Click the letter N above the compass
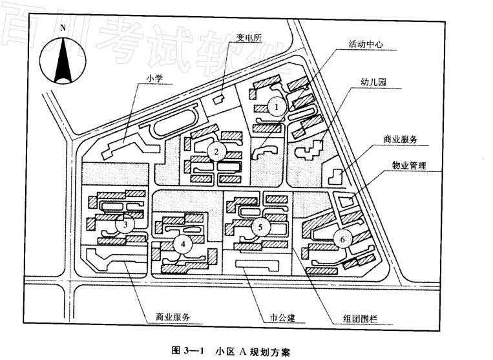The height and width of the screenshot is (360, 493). [x=63, y=28]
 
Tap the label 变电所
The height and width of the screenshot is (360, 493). [x=249, y=36]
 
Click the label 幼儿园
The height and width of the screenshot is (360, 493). [x=373, y=83]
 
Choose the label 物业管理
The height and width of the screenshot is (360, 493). [x=409, y=165]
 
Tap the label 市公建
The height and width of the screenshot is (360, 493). [x=282, y=319]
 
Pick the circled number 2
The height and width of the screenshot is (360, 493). [x=216, y=152]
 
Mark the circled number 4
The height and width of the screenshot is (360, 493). [x=183, y=244]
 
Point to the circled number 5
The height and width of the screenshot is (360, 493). [x=260, y=228]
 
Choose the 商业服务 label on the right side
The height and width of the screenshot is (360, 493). [x=401, y=139]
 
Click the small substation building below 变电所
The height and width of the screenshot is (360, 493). [x=218, y=100]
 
